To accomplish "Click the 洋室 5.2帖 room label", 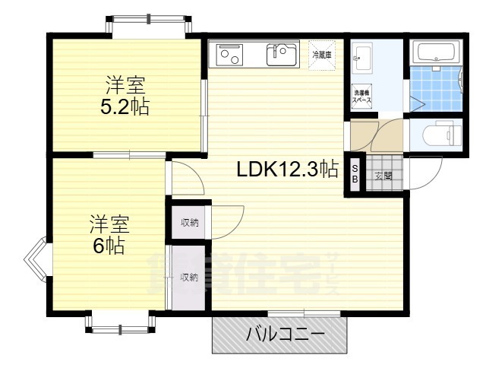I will [125, 95].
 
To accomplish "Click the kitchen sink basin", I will [282, 54].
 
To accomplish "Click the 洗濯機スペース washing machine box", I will [361, 97].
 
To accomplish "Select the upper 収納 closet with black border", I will [189, 222].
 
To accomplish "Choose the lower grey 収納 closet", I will [188, 277].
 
